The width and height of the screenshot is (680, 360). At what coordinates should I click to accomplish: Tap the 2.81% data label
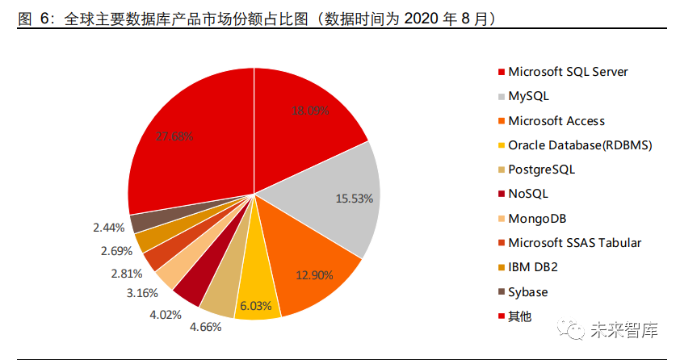click(x=126, y=273)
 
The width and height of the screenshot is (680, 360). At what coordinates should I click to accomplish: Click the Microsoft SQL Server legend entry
click(x=568, y=72)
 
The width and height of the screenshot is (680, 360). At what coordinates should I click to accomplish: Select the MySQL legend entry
click(x=528, y=96)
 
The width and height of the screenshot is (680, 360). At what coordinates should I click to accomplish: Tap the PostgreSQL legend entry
click(x=541, y=170)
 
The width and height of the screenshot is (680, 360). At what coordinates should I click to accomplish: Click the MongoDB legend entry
click(x=537, y=219)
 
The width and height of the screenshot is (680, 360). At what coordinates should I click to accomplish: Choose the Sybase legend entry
click(x=528, y=292)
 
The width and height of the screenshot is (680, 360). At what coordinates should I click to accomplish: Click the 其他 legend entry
click(x=520, y=316)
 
